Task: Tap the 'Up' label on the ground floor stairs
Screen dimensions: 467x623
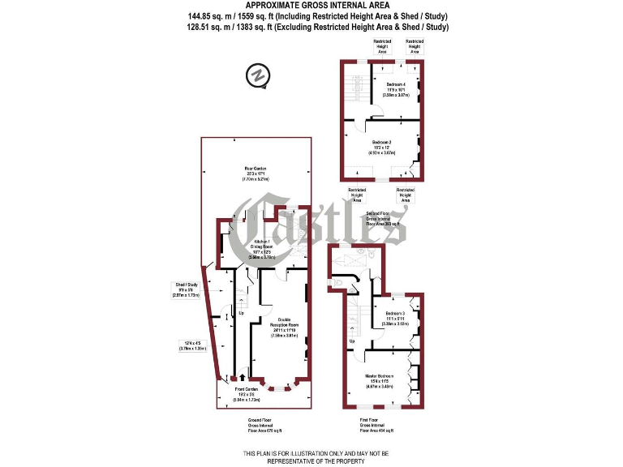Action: pyautogui.click(x=241, y=312)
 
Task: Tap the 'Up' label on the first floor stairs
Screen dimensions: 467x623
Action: pyautogui.click(x=351, y=341)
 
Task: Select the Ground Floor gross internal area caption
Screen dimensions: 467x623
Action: pyautogui.click(x=265, y=426)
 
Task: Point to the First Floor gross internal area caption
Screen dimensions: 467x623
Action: pyautogui.click(x=376, y=426)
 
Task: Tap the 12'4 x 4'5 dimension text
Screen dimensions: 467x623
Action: pyautogui.click(x=191, y=345)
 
